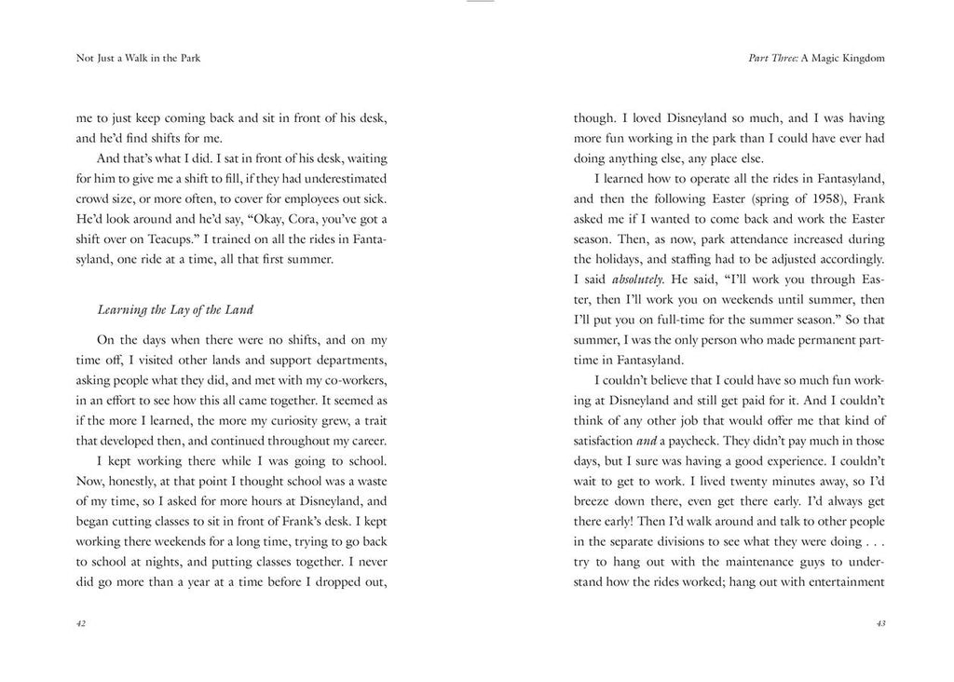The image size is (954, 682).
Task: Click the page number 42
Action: tap(81, 624)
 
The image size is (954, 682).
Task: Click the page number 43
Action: tap(879, 624)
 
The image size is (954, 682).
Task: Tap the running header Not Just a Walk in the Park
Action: tap(139, 58)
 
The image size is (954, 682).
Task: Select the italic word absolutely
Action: tap(636, 279)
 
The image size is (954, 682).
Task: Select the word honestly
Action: tap(143, 481)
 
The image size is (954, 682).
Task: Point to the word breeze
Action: tap(595, 501)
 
